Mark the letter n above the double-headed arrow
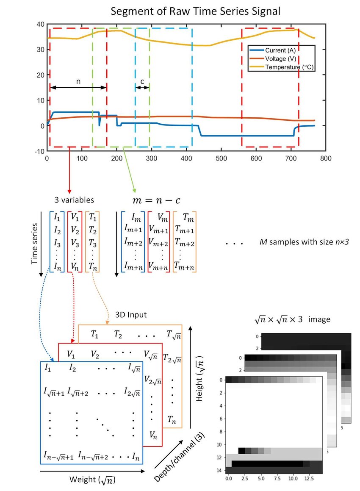[x=78, y=81]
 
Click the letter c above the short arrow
[x=142, y=81]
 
